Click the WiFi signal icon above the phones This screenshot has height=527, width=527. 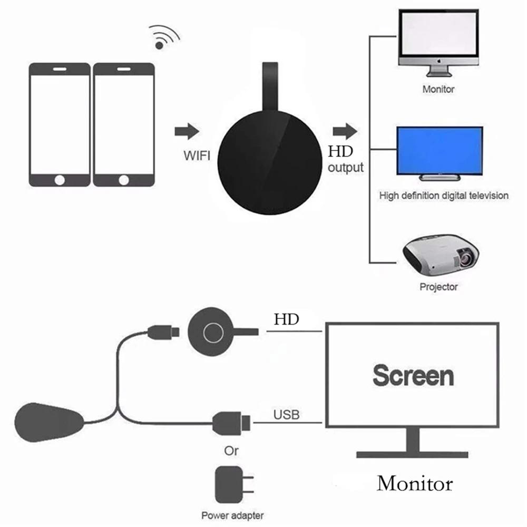(164, 38)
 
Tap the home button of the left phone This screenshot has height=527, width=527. (60, 180)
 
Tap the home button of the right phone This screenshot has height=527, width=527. (123, 180)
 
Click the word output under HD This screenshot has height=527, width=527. (346, 168)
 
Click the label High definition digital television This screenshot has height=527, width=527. (444, 196)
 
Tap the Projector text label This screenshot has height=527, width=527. (438, 287)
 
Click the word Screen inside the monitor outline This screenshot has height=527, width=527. (413, 376)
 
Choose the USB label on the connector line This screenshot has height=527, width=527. (286, 415)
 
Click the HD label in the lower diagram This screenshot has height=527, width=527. (286, 319)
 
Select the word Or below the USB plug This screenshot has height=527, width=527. (231, 451)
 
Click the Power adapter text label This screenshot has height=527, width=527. (232, 515)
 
